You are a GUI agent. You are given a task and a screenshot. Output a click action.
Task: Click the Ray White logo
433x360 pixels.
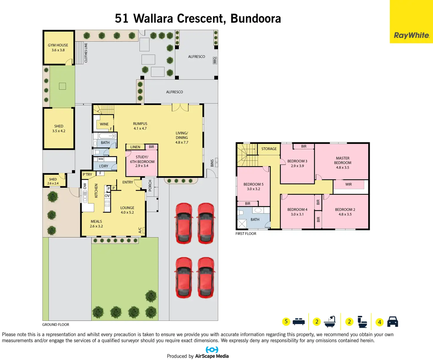click(x=411, y=35)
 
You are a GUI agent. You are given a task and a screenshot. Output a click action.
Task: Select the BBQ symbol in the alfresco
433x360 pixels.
click(x=215, y=60)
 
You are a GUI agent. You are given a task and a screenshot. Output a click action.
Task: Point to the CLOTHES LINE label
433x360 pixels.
click(x=86, y=53)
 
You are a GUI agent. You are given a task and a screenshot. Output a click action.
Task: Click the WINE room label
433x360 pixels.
click(x=104, y=124)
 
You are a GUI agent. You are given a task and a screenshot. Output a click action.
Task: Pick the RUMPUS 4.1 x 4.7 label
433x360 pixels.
click(x=140, y=126)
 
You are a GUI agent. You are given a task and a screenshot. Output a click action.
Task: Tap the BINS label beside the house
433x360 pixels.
click(x=212, y=163)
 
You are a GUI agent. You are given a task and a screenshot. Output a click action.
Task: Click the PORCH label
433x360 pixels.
click(x=150, y=186)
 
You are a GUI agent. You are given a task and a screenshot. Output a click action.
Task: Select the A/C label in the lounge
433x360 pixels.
click(x=140, y=230)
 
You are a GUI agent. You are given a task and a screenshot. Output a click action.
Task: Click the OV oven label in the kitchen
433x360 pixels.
click(x=107, y=196)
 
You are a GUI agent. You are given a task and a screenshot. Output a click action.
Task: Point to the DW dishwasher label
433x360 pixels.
click(x=85, y=186)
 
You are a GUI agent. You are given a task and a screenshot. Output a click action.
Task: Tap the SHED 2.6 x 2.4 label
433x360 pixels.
click(x=53, y=181)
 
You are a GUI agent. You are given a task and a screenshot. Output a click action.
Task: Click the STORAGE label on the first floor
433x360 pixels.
click(x=269, y=149)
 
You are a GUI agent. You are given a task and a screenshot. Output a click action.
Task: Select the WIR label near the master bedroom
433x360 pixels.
click(x=349, y=184)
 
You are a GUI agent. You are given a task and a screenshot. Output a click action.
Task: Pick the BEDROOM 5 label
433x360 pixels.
click(x=254, y=186)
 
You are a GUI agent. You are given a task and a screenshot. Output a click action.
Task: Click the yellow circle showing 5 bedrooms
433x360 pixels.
click(x=286, y=321)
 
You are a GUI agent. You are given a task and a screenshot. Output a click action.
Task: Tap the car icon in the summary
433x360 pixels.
click(x=392, y=322)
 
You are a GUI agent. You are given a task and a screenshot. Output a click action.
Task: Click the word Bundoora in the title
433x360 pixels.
click(x=256, y=19)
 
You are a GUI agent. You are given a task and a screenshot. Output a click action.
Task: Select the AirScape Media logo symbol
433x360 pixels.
click(x=212, y=350)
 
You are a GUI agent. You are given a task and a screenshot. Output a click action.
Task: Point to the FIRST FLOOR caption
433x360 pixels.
click(x=246, y=234)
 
